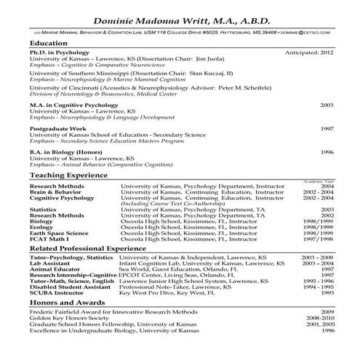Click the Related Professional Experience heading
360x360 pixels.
pyautogui.click(x=89, y=249)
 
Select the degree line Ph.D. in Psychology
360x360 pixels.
pyautogui.click(x=60, y=53)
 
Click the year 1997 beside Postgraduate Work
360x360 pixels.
pyautogui.click(x=327, y=128)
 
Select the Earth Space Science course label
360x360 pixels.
pyautogui.click(x=61, y=233)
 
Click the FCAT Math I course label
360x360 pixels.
pyautogui.click(x=49, y=239)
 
